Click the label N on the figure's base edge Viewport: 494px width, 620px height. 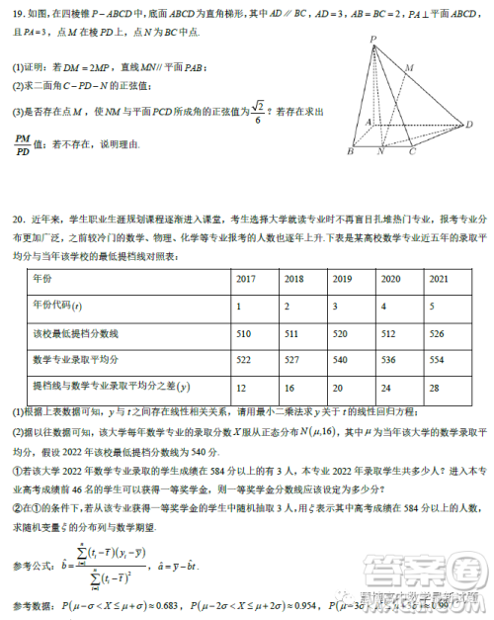(x=381, y=153)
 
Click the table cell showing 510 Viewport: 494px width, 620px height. (x=246, y=332)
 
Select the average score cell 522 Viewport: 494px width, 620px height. (x=246, y=358)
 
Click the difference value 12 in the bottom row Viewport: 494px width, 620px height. (x=243, y=385)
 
